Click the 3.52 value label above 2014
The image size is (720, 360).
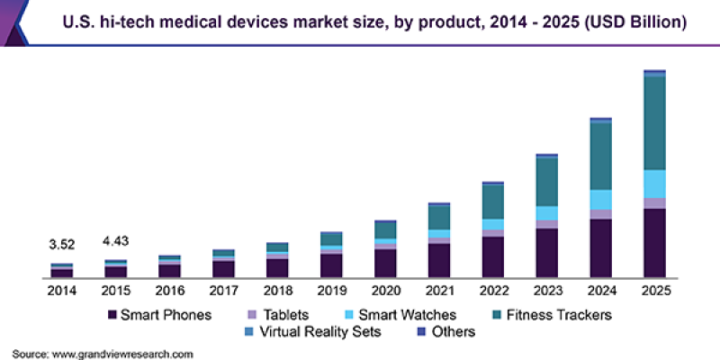coord(61,244)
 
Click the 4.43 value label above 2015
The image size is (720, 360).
coord(115,240)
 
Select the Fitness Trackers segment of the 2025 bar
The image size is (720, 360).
coord(654,123)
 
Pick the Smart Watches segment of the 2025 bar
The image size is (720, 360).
coord(654,184)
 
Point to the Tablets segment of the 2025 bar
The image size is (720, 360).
coord(654,203)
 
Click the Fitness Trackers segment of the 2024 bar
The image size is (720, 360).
coord(600,156)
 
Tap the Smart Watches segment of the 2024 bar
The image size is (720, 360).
coord(600,200)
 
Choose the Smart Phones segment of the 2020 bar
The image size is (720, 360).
coord(385,263)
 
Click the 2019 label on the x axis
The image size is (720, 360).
coord(331,292)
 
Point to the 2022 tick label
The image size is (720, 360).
coord(493,292)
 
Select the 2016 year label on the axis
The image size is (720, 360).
coord(169,292)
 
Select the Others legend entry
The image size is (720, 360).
coord(445,332)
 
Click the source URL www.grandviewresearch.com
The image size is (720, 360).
coord(122,354)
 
